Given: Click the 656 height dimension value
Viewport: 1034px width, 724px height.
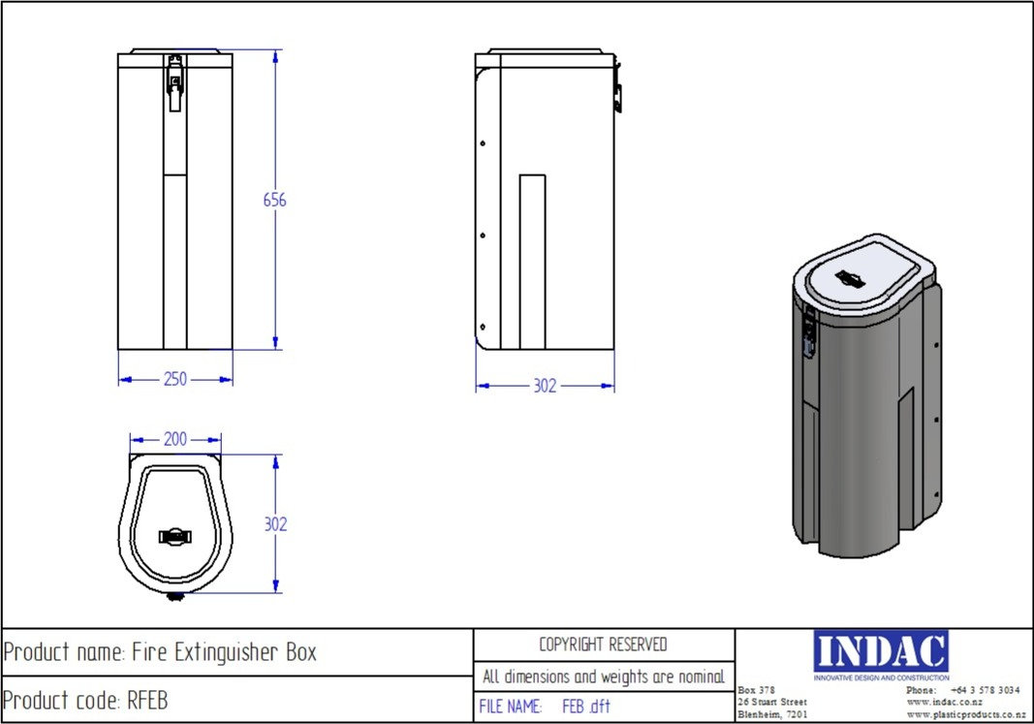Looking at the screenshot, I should pyautogui.click(x=275, y=201).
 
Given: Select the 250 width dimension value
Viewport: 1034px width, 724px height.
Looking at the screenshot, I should pyautogui.click(x=174, y=380).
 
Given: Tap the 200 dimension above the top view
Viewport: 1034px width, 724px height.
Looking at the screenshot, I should pyautogui.click(x=174, y=440).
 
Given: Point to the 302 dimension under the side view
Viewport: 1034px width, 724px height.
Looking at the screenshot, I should pyautogui.click(x=545, y=386).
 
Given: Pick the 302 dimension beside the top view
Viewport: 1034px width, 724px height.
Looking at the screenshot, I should pyautogui.click(x=275, y=524).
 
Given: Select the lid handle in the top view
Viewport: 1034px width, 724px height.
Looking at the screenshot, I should pyautogui.click(x=175, y=535).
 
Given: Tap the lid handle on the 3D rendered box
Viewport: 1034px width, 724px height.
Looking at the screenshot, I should pyautogui.click(x=853, y=278).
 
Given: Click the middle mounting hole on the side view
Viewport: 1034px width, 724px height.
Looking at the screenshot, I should pyautogui.click(x=483, y=233).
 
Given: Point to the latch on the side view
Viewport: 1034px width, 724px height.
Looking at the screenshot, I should pyautogui.click(x=617, y=95).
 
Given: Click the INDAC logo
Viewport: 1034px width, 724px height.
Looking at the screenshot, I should pyautogui.click(x=881, y=651).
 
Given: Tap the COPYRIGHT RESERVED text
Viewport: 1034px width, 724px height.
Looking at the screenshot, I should pyautogui.click(x=603, y=645).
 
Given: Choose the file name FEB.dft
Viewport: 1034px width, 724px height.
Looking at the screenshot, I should pyautogui.click(x=586, y=708).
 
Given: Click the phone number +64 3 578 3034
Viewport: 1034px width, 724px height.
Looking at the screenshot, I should pyautogui.click(x=985, y=690).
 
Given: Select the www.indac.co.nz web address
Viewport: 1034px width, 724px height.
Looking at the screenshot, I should pyautogui.click(x=944, y=702).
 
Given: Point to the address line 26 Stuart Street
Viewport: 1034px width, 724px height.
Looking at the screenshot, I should pyautogui.click(x=771, y=702).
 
